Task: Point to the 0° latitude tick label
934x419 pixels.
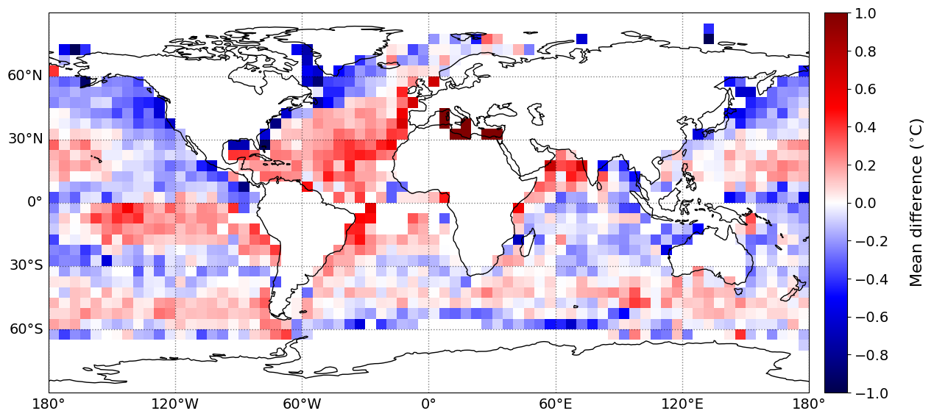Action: point(34,202)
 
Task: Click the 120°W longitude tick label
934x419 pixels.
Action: point(175,404)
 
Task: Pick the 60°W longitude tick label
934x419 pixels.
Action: point(302,404)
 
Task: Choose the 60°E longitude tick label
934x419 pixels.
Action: point(555,404)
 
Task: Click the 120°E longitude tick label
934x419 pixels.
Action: point(682,404)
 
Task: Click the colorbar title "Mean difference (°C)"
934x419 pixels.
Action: point(916,203)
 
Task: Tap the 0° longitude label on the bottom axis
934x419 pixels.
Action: point(428,404)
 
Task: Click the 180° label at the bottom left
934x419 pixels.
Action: point(49,404)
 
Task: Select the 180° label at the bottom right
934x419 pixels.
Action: point(808,404)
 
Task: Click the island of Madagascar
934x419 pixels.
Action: point(526,241)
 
